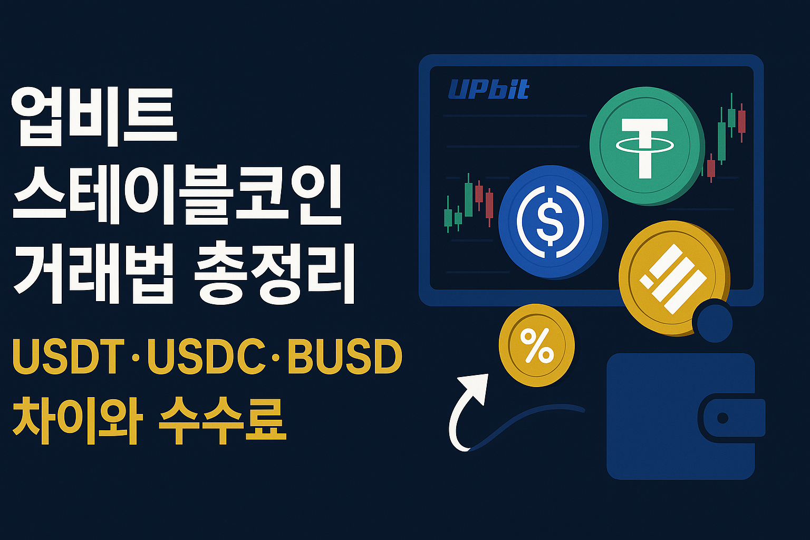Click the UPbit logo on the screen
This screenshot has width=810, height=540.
(x=488, y=90)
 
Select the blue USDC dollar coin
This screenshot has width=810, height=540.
(x=551, y=221)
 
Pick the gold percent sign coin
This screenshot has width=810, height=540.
(x=536, y=346)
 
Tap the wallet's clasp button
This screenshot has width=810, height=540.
(x=722, y=418)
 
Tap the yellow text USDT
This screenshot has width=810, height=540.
(x=69, y=357)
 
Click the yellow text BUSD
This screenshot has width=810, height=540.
(x=345, y=357)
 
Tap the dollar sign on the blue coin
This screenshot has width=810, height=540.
(x=550, y=222)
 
